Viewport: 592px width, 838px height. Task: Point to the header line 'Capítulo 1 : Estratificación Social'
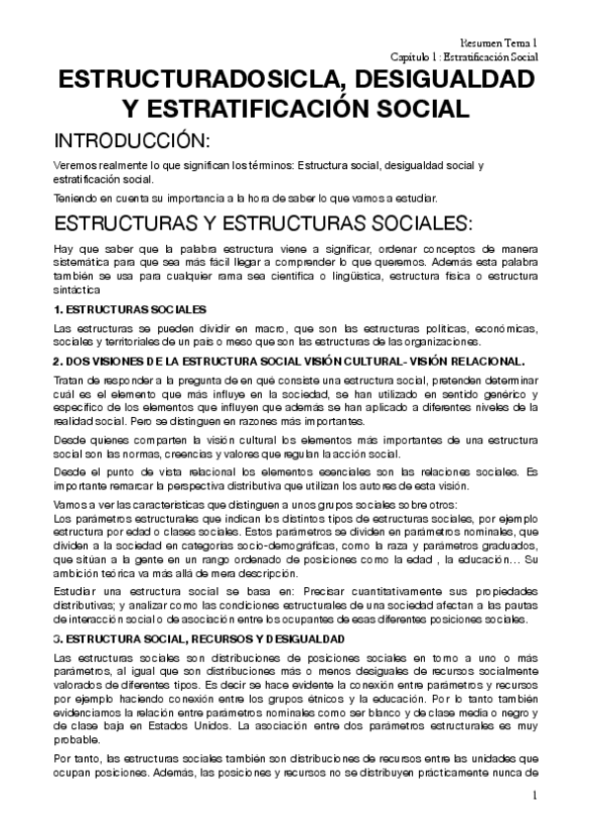(x=464, y=57)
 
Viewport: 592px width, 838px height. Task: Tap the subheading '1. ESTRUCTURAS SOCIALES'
(x=129, y=310)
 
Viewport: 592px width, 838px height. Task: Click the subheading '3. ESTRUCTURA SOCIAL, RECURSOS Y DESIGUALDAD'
(x=200, y=639)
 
